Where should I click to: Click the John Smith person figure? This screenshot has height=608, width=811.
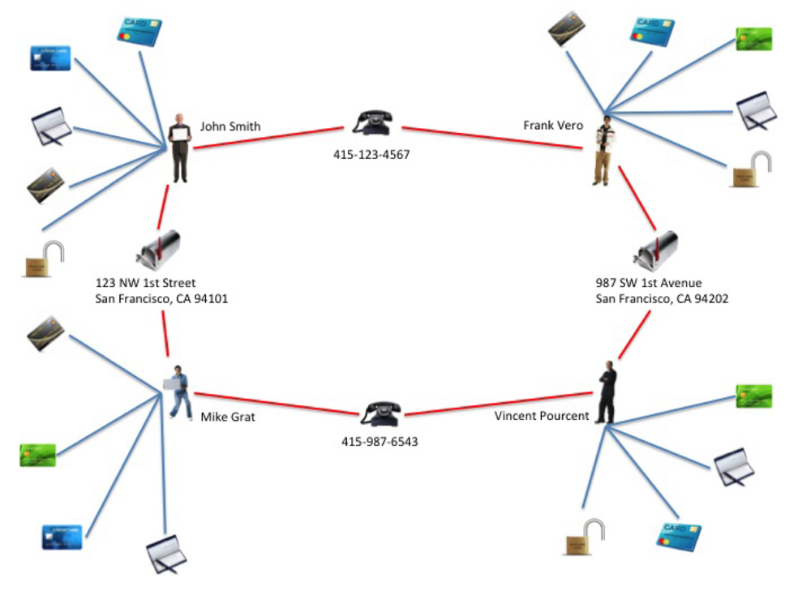coord(180,148)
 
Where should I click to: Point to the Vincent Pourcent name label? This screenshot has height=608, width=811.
coord(542,416)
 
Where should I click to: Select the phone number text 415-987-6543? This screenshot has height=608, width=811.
coord(380,443)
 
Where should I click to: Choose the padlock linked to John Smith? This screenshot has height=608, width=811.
coord(45,259)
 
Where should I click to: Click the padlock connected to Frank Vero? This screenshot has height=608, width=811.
coord(751,170)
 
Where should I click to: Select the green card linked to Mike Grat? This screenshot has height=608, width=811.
coord(37,455)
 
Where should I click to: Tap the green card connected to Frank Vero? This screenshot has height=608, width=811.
coord(753,39)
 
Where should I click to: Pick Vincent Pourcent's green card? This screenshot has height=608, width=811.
coord(753,396)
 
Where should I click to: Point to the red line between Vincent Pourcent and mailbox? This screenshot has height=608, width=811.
coord(635,334)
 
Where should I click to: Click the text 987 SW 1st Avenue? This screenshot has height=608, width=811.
coord(649,283)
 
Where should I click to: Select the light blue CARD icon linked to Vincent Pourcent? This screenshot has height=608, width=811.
coord(678,537)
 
